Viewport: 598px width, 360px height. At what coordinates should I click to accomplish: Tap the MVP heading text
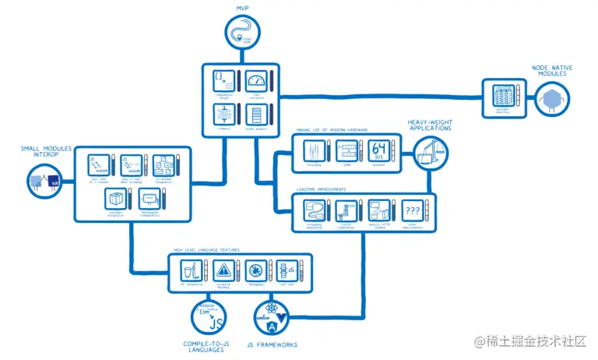click(246, 8)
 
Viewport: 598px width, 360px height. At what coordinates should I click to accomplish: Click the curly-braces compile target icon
click(223, 80)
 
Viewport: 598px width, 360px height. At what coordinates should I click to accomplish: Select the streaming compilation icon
click(313, 210)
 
